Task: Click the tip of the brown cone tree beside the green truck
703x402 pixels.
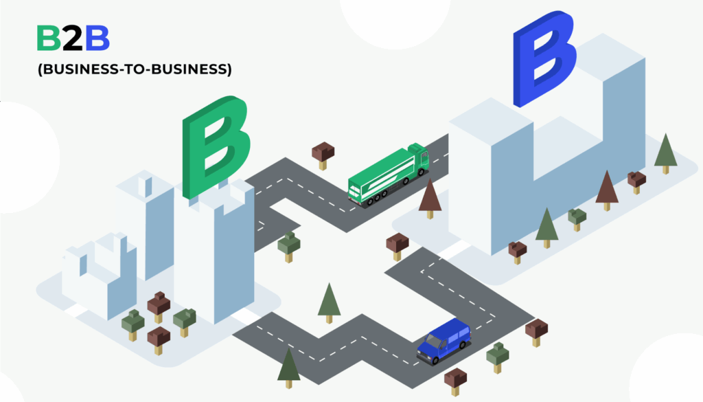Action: [x=430, y=179]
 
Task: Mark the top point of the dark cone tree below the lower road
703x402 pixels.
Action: [x=289, y=348]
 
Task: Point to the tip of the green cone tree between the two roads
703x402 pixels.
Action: [x=329, y=283]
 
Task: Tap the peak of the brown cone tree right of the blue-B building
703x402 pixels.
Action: [x=607, y=170]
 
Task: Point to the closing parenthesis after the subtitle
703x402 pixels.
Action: [x=229, y=69]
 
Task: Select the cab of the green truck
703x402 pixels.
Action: [x=419, y=157]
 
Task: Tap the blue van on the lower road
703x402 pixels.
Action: [x=444, y=341]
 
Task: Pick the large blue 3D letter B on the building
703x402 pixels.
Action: [x=544, y=58]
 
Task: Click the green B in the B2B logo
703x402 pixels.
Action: [x=49, y=38]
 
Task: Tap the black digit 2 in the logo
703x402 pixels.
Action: [x=73, y=38]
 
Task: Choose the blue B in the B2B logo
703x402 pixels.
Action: [x=97, y=38]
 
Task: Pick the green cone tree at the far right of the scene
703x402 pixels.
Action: [x=666, y=153]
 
